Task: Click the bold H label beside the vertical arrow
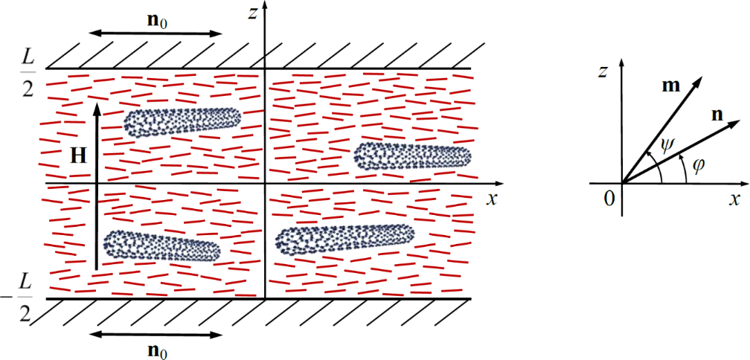click(77, 155)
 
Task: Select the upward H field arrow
click(96, 186)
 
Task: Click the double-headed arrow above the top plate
click(155, 33)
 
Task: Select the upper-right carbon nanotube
click(413, 155)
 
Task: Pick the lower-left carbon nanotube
click(161, 245)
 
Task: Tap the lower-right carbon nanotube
click(344, 239)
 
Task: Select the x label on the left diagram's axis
click(491, 198)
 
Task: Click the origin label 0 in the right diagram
click(609, 197)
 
